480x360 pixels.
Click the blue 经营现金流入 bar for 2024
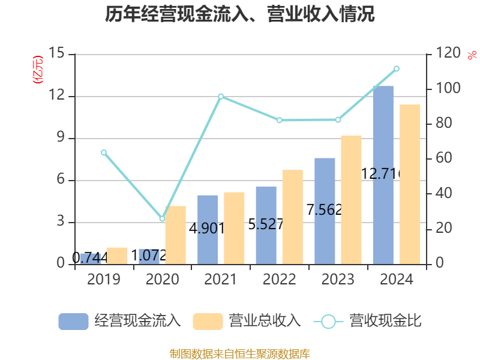[383, 175]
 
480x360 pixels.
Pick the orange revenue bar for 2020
[176, 235]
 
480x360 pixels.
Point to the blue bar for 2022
[266, 225]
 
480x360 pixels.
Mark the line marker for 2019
[104, 152]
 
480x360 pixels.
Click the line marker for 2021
[221, 96]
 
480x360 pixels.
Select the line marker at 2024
[396, 68]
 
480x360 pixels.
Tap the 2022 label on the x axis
[279, 280]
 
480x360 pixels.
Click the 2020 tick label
[162, 280]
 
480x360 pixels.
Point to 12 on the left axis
[58, 96]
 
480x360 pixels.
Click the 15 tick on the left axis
[58, 54]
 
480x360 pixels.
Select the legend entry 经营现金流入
[120, 321]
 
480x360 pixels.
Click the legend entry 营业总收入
[247, 321]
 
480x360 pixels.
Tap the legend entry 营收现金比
[368, 321]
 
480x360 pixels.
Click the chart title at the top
[240, 14]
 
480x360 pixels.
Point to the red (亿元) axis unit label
[38, 69]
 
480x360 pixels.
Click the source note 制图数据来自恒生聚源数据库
[240, 353]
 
